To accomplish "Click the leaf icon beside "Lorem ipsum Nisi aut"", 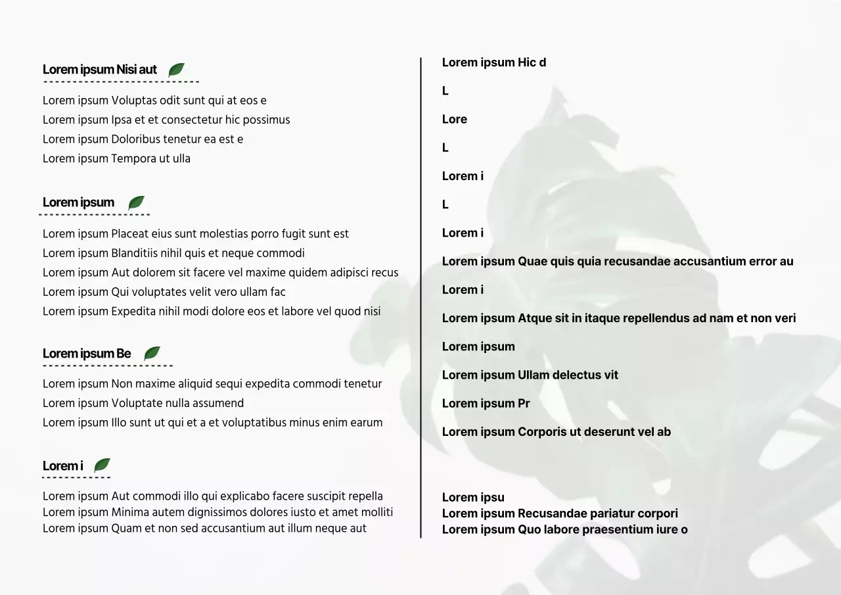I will [x=176, y=70].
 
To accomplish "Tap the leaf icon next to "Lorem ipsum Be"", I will [x=152, y=354].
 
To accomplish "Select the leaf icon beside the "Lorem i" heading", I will [x=102, y=465].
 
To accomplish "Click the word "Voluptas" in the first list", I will [x=133, y=101].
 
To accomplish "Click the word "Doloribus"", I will [x=136, y=139].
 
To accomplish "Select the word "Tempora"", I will [x=133, y=158].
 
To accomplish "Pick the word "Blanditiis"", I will [x=136, y=253].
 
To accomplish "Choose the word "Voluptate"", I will [x=136, y=403].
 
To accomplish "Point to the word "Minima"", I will [x=129, y=512].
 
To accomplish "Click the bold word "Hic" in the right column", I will [x=527, y=62].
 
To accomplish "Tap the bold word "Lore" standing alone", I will [x=455, y=120].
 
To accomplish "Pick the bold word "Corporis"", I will [x=542, y=432].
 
